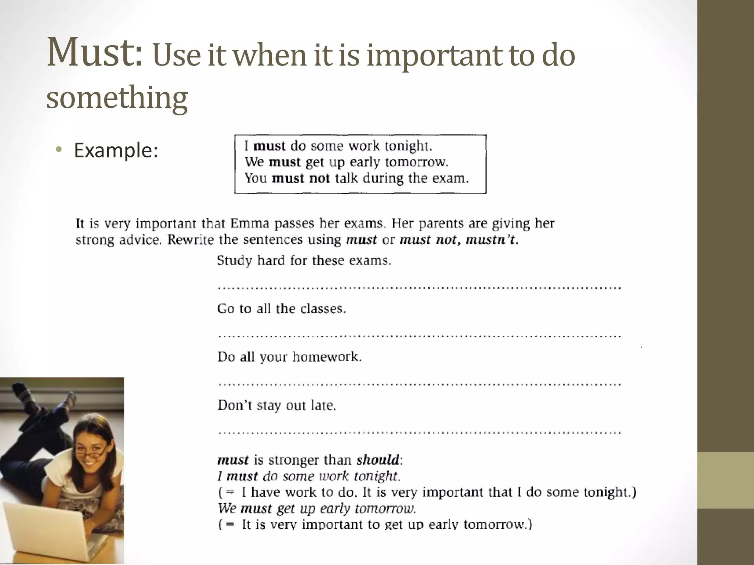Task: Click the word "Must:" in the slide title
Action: [94, 53]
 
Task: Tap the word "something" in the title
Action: [117, 98]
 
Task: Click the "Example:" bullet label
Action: [116, 150]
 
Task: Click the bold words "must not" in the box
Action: [300, 178]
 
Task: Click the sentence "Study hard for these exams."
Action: [304, 261]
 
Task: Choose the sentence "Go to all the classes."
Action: [282, 309]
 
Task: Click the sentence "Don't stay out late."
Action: [277, 405]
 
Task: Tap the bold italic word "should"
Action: [378, 460]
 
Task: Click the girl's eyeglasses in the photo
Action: [92, 449]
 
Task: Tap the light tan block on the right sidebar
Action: [725, 480]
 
